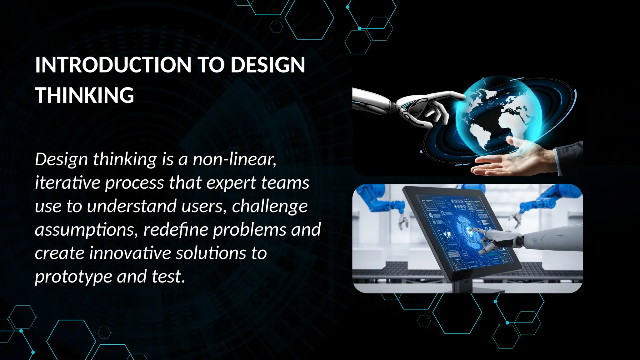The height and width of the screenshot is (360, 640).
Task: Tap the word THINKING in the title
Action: (x=84, y=95)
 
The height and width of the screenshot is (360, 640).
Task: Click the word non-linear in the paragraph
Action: (x=234, y=159)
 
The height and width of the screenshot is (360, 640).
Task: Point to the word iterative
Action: (x=67, y=183)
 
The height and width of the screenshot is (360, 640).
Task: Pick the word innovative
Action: (x=130, y=253)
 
